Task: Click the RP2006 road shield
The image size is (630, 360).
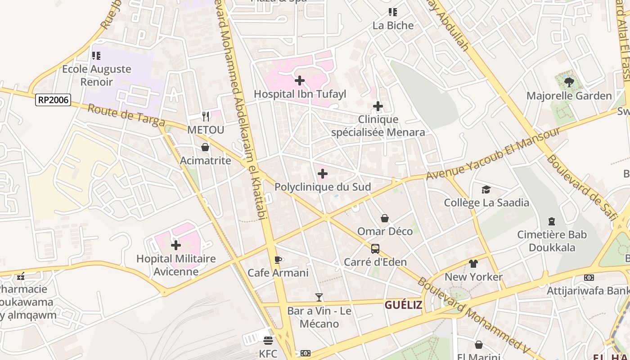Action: coord(53,100)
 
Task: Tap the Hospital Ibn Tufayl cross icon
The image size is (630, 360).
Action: coord(299,81)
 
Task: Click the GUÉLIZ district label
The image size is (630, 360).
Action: coord(403,305)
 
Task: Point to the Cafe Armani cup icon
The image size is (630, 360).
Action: coord(278,260)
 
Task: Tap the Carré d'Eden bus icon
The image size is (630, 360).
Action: coord(375,248)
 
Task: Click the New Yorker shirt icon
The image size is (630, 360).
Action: coord(473,263)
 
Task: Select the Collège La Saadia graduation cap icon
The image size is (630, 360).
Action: coord(486,189)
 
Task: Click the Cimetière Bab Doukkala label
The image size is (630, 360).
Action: coord(552,241)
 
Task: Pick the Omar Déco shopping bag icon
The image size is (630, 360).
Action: coord(385,218)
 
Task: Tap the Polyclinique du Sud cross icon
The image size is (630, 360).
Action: coord(322,174)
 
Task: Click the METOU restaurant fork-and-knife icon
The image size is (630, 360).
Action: coord(206,117)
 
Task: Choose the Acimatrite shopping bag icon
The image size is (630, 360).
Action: coord(205,147)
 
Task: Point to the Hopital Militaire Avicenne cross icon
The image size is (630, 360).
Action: coord(176,245)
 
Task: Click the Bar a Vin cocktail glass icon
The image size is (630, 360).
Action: coord(319,297)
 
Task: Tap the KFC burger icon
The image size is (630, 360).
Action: coord(268,340)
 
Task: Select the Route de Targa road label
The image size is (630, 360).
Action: coord(126,116)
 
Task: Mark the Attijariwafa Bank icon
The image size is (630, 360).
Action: coord(589,278)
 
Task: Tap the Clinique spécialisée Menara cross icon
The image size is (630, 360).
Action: coord(378,106)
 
